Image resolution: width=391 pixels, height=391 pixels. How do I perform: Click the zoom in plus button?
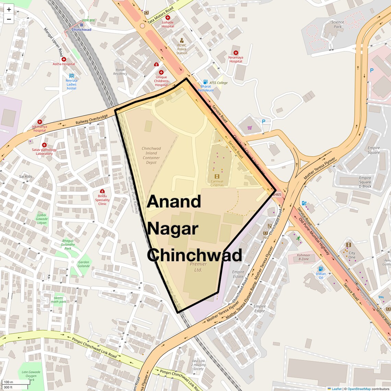pyautogui.click(x=9, y=10)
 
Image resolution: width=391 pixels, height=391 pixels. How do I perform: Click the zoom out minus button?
pyautogui.click(x=9, y=19)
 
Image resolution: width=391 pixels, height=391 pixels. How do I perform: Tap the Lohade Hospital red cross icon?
pyautogui.click(x=168, y=17)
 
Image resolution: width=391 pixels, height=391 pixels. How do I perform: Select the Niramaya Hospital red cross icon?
pyautogui.click(x=236, y=52)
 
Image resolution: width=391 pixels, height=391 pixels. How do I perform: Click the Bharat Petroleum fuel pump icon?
pyautogui.click(x=205, y=82)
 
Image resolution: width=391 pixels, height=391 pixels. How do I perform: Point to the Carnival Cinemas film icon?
pyautogui.click(x=217, y=176)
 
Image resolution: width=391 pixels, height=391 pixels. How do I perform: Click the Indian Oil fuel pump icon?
pyautogui.click(x=321, y=269)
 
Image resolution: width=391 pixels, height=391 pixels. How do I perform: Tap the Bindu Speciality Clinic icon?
pyautogui.click(x=102, y=191)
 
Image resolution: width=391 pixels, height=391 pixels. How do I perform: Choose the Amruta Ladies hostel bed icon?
pyautogui.click(x=71, y=75)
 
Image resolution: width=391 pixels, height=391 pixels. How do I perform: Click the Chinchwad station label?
pyautogui.click(x=82, y=29)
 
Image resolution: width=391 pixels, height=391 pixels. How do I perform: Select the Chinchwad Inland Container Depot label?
pyautogui.click(x=151, y=155)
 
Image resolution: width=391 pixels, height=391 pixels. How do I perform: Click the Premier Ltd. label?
pyautogui.click(x=198, y=267)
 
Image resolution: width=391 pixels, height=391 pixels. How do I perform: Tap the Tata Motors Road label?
pyautogui.click(x=161, y=15)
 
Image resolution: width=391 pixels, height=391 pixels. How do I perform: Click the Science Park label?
pyautogui.click(x=338, y=24)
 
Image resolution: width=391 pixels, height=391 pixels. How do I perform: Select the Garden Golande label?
pyautogui.click(x=83, y=264)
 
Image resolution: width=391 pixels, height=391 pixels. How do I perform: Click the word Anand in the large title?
pyautogui.click(x=174, y=202)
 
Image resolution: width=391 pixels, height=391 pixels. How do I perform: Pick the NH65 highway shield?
pyautogui.click(x=276, y=194)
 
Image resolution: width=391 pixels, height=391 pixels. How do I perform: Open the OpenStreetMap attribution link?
pyautogui.click(x=359, y=389)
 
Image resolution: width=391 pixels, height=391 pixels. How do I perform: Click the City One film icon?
pyautogui.click(x=348, y=245)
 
